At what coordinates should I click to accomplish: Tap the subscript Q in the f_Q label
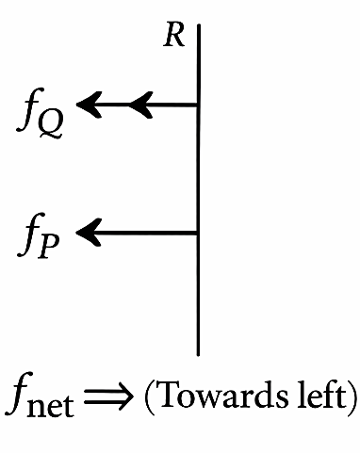pos(50,125)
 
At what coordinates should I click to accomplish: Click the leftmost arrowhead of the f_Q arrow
pos(89,105)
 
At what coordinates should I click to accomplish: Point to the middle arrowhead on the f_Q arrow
pos(141,105)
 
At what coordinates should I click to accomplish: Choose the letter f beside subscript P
pos(27,235)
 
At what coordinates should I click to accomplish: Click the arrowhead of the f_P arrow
pos(89,233)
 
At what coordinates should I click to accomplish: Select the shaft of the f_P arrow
pos(143,233)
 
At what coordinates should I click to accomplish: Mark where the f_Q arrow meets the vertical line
pos(198,105)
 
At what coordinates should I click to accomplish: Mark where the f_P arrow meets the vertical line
pos(198,233)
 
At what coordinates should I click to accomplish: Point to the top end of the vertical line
pos(199,24)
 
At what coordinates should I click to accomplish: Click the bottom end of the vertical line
pos(198,355)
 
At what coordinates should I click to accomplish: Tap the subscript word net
pos(50,405)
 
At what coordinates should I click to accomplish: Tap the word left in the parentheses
pos(321,393)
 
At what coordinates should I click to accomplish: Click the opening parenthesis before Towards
pos(150,396)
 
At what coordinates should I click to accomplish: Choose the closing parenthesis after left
pos(352,396)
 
